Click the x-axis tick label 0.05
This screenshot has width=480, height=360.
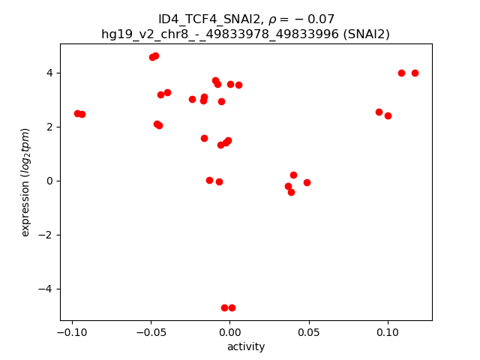[x=308, y=332]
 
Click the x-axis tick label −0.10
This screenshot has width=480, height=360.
[x=71, y=332]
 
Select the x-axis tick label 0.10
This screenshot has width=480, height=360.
[x=387, y=332]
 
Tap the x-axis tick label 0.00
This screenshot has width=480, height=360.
[x=229, y=332]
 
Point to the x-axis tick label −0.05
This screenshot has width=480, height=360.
[x=150, y=332]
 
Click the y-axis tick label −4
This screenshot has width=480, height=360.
[x=46, y=289]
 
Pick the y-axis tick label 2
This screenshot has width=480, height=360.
[x=50, y=127]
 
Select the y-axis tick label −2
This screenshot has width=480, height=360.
[x=46, y=235]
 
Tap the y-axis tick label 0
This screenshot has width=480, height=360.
[x=50, y=181]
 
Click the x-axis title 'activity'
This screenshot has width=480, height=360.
[x=246, y=346]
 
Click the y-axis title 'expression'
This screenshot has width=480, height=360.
[x=25, y=182]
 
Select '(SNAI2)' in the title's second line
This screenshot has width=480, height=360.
[x=365, y=34]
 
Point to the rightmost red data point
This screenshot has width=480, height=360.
[x=415, y=73]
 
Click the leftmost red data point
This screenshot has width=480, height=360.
[x=77, y=113]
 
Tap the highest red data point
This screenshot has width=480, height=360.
[x=155, y=55]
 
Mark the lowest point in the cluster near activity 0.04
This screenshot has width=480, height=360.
[x=291, y=192]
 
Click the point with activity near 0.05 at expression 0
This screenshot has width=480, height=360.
[x=307, y=182]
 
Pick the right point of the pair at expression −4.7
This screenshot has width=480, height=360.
[x=232, y=307]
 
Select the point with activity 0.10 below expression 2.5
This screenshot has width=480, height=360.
[x=388, y=115]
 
